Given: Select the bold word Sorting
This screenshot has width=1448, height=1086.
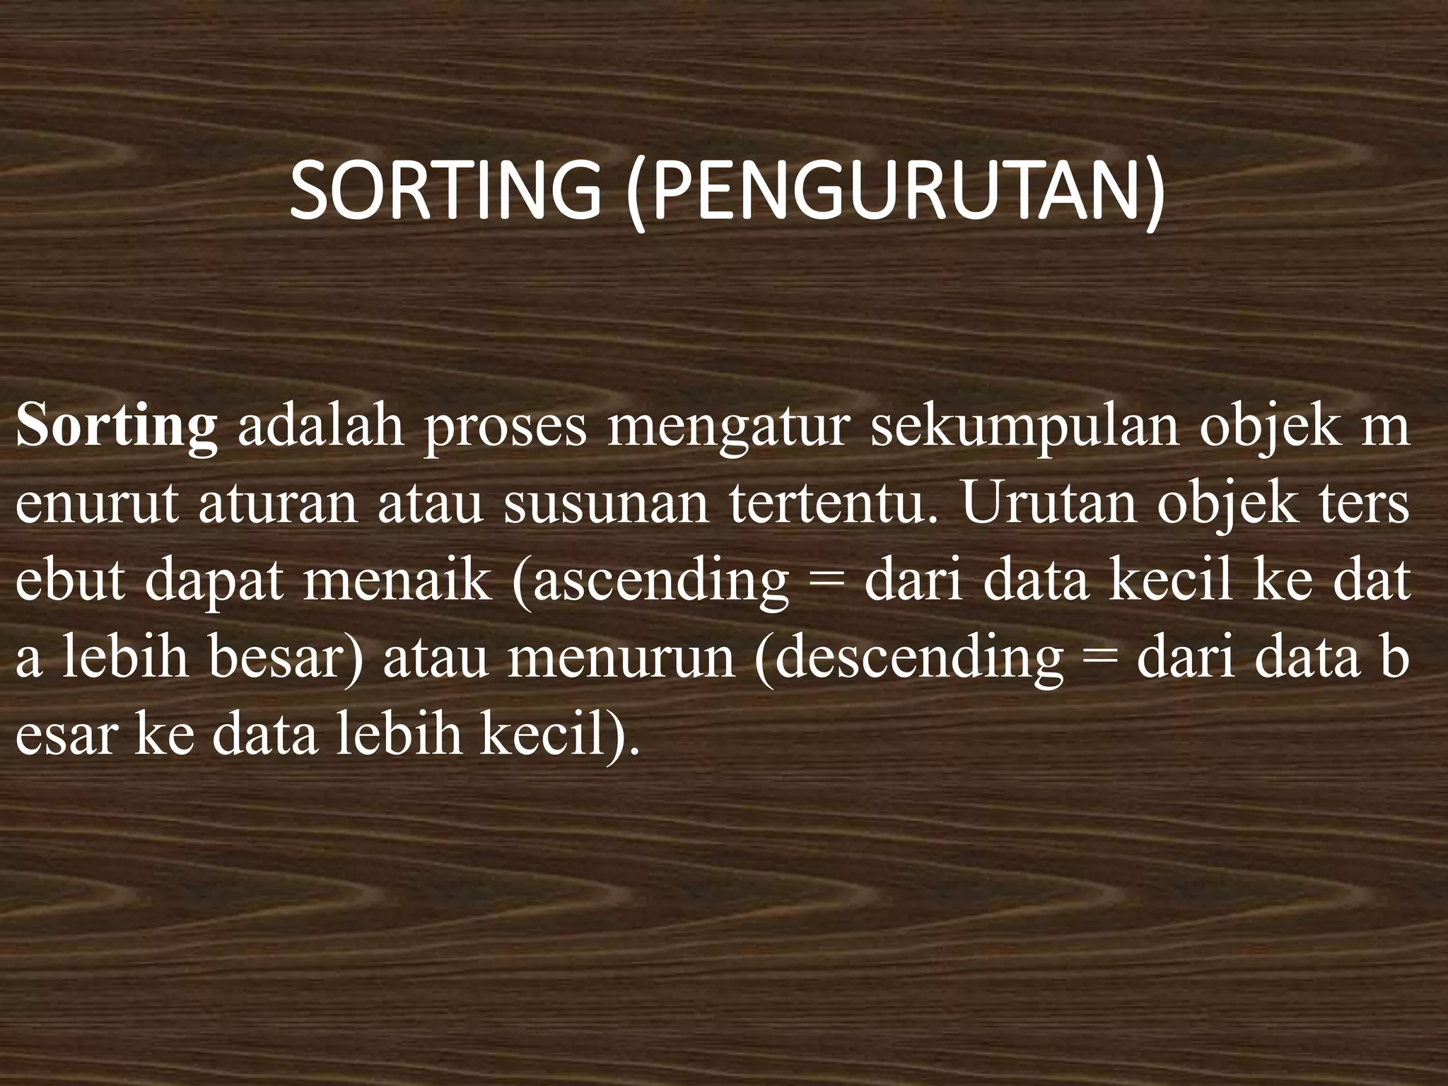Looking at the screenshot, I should click(x=117, y=427).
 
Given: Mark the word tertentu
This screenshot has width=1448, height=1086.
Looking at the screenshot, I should click(x=828, y=506).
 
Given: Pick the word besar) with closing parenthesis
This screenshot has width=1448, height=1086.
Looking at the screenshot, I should click(x=287, y=658).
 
